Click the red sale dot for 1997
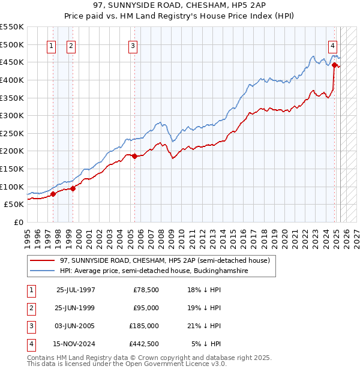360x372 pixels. [53, 194]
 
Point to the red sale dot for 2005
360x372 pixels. [134, 156]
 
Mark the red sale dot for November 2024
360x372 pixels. [334, 65]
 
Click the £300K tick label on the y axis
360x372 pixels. [12, 115]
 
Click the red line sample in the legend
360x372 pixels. [43, 261]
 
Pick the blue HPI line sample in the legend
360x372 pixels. [43, 271]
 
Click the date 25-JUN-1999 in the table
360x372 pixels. [76, 308]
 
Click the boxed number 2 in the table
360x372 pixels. [30, 308]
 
